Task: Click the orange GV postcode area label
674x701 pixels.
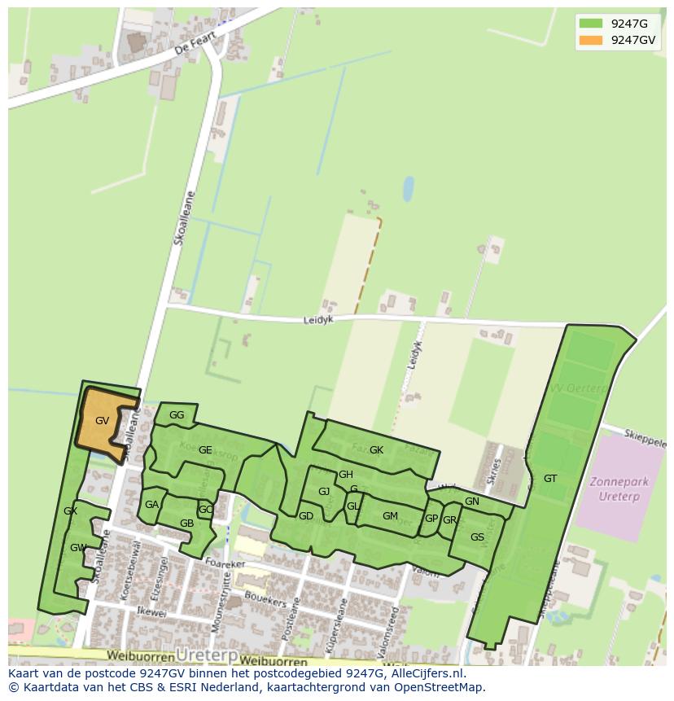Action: tap(102, 421)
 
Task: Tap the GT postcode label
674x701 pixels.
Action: tap(550, 479)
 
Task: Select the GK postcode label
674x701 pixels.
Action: tap(376, 450)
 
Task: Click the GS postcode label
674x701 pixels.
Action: tap(477, 537)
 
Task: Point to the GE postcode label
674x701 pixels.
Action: tap(205, 450)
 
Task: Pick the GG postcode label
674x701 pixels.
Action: tap(177, 415)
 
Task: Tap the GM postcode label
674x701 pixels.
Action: tap(390, 516)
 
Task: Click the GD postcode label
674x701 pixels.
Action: tap(306, 516)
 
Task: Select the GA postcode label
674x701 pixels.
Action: tap(151, 505)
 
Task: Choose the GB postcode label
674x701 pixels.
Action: tap(186, 524)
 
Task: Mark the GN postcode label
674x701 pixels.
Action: tap(472, 502)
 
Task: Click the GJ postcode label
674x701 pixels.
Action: tap(324, 491)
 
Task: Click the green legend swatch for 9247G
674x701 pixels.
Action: tap(590, 23)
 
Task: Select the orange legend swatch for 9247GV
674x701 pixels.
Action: tap(590, 39)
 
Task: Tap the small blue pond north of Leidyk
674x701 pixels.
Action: tap(408, 189)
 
